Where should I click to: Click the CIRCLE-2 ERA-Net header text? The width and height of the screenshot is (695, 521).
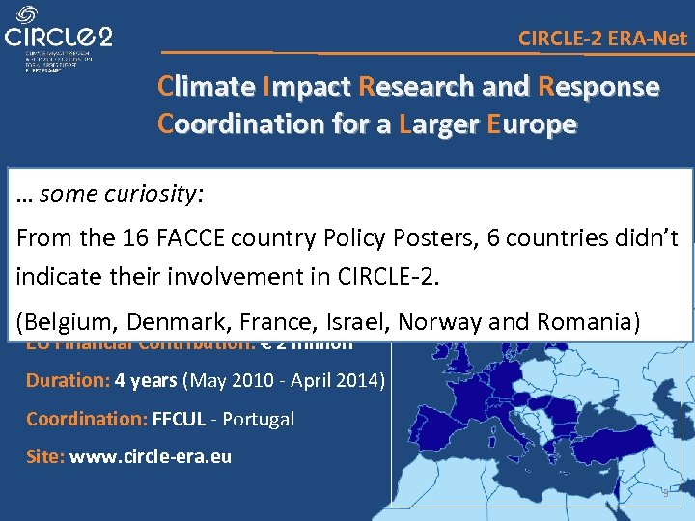coord(602,39)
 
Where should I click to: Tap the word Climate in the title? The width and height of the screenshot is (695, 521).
coord(205,87)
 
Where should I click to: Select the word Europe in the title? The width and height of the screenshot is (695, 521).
coord(532,124)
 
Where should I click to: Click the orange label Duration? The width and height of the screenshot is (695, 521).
coord(68,380)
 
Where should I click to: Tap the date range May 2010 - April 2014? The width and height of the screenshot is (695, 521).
coord(286,380)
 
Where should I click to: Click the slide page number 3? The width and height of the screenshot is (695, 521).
coord(665,494)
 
